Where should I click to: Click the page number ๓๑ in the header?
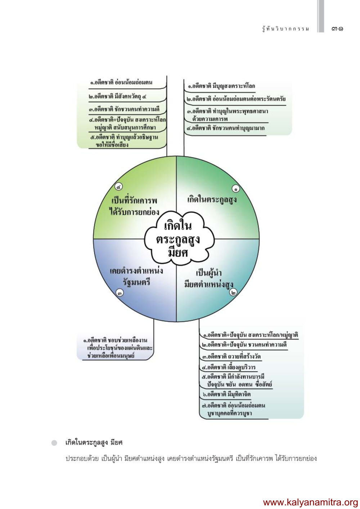(x=337, y=28)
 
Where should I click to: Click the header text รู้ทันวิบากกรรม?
(x=285, y=29)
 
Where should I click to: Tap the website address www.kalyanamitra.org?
(x=310, y=502)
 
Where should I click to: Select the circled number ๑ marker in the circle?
(x=236, y=188)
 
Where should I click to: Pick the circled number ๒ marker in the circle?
(x=234, y=292)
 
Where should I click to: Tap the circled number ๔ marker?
(x=118, y=186)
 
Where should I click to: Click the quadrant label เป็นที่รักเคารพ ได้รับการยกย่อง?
(x=134, y=206)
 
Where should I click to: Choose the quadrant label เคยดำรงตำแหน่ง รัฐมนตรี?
(x=136, y=276)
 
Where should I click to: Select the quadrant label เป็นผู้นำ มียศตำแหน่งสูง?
(x=209, y=278)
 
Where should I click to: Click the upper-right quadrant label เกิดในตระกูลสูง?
(x=212, y=199)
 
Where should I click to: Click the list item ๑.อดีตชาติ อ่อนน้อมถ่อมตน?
(x=121, y=82)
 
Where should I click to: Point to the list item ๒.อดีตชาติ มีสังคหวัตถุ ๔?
(x=118, y=96)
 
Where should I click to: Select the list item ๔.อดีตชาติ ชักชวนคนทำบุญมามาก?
(x=226, y=128)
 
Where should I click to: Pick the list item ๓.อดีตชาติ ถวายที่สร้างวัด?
(x=231, y=356)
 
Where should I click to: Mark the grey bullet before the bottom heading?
(x=54, y=442)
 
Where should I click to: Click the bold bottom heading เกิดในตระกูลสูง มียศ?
(x=94, y=442)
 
